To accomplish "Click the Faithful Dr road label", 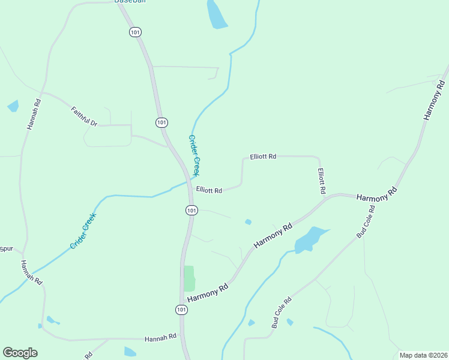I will pyautogui.click(x=84, y=116).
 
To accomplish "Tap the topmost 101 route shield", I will pyautogui.click(x=135, y=32).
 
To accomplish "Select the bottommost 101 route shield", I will pyautogui.click(x=181, y=310).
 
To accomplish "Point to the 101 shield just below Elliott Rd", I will pyautogui.click(x=191, y=210).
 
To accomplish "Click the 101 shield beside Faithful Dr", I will pyautogui.click(x=161, y=122).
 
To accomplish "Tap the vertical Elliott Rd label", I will pyautogui.click(x=322, y=181).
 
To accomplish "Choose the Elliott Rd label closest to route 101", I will pyautogui.click(x=209, y=190).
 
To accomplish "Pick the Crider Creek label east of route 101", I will pyautogui.click(x=194, y=155).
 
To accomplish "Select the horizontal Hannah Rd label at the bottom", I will pyautogui.click(x=160, y=338).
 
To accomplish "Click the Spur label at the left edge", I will pyautogui.click(x=6, y=248).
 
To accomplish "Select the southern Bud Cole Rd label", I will pyautogui.click(x=281, y=313).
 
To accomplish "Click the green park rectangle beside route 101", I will pyautogui.click(x=189, y=278).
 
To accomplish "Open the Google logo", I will pyautogui.click(x=20, y=353).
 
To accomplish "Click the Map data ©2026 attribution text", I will pyautogui.click(x=423, y=355).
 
